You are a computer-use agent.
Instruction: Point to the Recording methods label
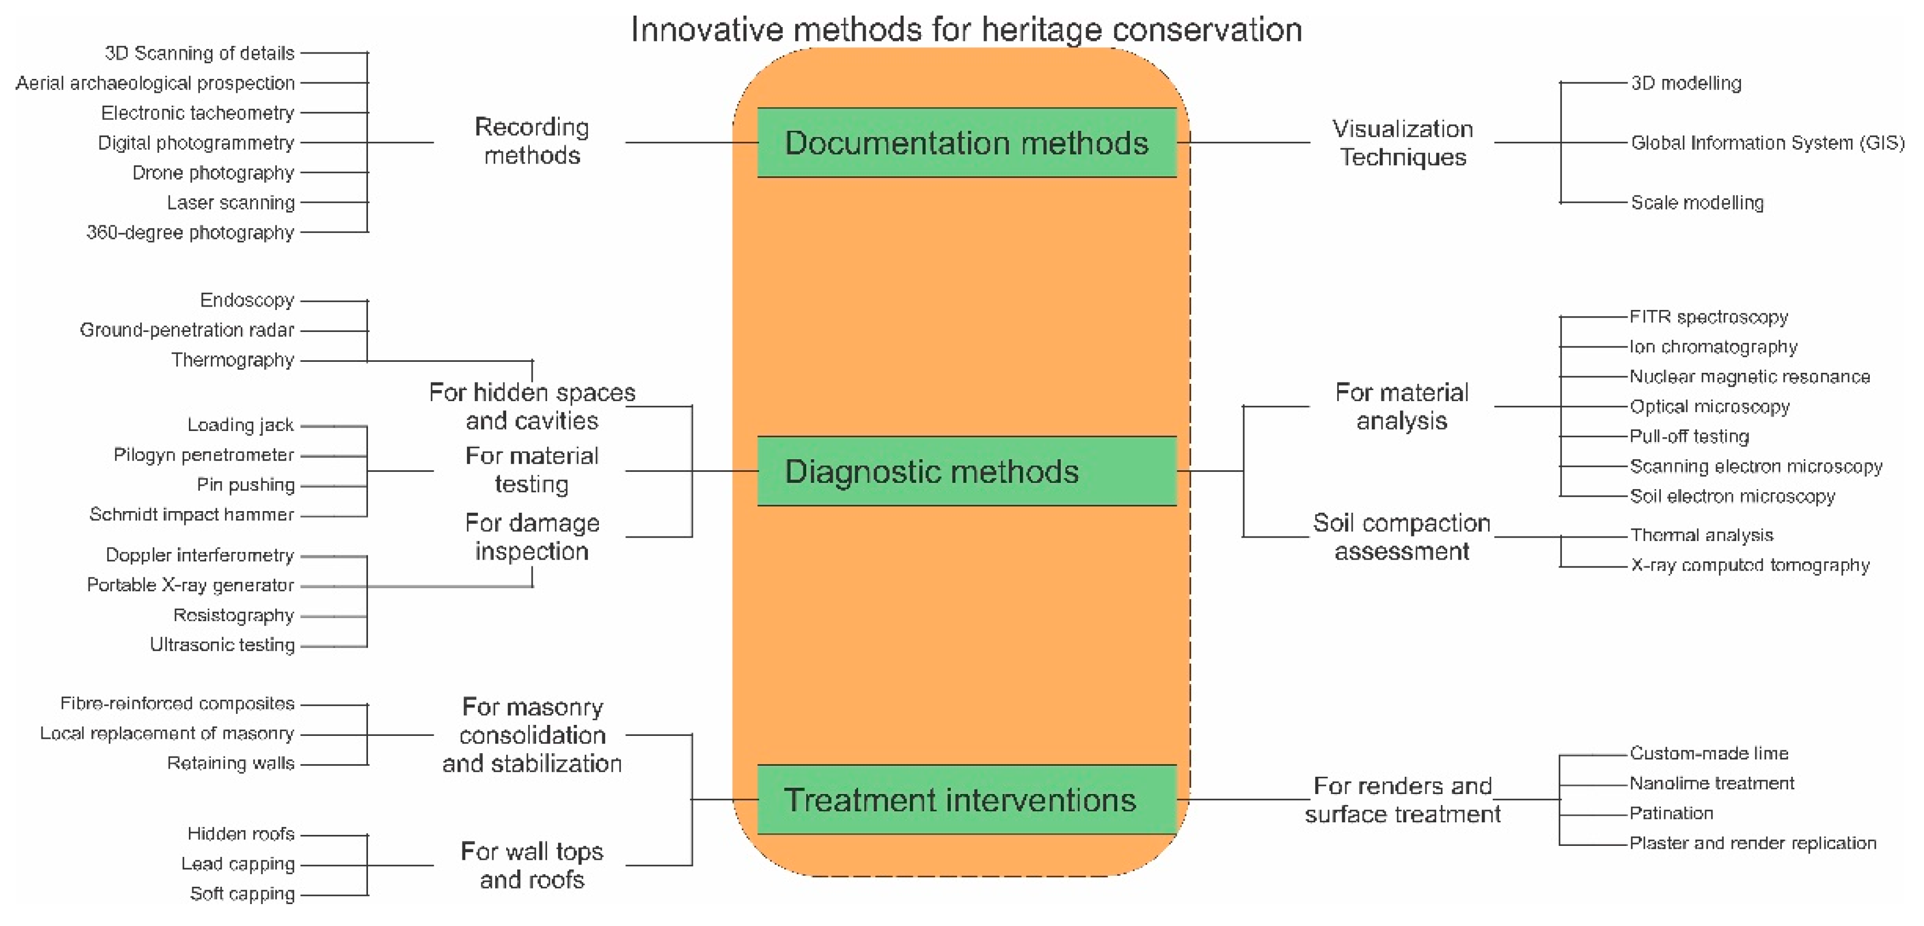point(532,141)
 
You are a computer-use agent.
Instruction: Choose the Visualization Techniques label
point(1402,143)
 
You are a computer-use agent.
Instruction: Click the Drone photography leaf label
point(213,173)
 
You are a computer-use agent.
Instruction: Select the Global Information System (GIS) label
point(1767,143)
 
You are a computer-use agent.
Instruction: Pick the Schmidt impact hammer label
point(191,514)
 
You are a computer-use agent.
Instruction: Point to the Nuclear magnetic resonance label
point(1750,377)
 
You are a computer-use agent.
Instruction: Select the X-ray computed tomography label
point(1750,565)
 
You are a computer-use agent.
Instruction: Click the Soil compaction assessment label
point(1401,536)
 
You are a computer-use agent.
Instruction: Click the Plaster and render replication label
point(1752,843)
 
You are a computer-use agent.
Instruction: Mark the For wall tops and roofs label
point(532,865)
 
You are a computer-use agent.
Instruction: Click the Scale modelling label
point(1697,202)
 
